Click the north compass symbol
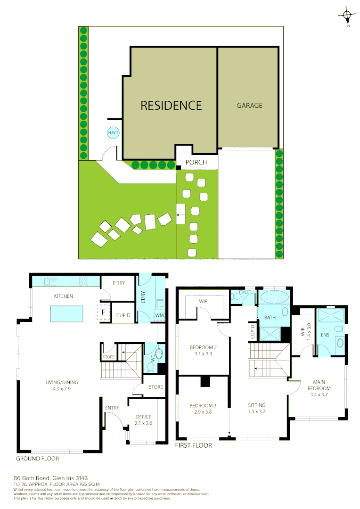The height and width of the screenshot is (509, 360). [x=347, y=15]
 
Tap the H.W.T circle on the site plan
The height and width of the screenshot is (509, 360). [x=114, y=133]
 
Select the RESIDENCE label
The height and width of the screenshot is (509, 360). [x=171, y=105]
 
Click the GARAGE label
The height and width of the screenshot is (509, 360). [x=249, y=106]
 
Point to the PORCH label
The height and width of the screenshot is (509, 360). [x=196, y=163]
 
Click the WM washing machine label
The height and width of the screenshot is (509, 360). [x=159, y=315]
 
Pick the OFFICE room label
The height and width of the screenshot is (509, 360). [x=143, y=417]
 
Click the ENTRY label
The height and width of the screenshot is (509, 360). [x=112, y=408]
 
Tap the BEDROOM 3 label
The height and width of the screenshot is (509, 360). [x=203, y=406]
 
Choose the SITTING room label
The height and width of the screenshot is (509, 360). [x=257, y=405]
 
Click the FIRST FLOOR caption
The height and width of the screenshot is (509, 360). [x=193, y=445]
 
